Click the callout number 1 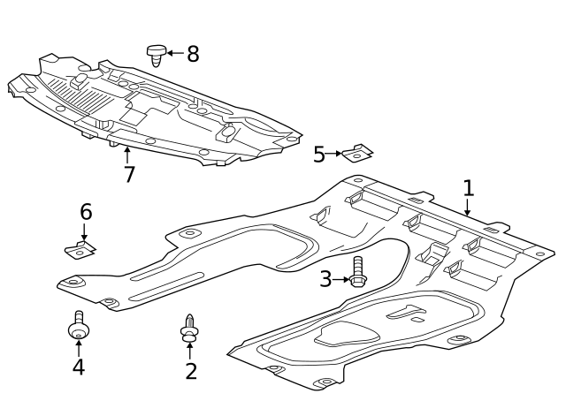pyautogui.click(x=469, y=187)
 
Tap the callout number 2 pyautogui.click(x=191, y=371)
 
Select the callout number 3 pyautogui.click(x=325, y=280)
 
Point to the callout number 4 pyautogui.click(x=78, y=367)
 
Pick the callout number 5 pyautogui.click(x=319, y=155)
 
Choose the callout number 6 pyautogui.click(x=86, y=212)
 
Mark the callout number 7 pyautogui.click(x=129, y=174)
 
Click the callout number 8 pyautogui.click(x=193, y=54)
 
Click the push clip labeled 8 pyautogui.click(x=157, y=55)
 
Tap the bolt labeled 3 pyautogui.click(x=358, y=272)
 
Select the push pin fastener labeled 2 pyautogui.click(x=189, y=328)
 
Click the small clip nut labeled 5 pyautogui.click(x=358, y=154)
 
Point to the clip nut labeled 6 pyautogui.click(x=81, y=248)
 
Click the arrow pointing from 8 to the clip pyautogui.click(x=175, y=53)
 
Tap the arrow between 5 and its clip pyautogui.click(x=336, y=154)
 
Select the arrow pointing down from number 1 pyautogui.click(x=468, y=208)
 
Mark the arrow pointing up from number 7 pyautogui.click(x=126, y=155)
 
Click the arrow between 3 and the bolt pyautogui.click(x=341, y=280)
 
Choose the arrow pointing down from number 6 pyautogui.click(x=85, y=232)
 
